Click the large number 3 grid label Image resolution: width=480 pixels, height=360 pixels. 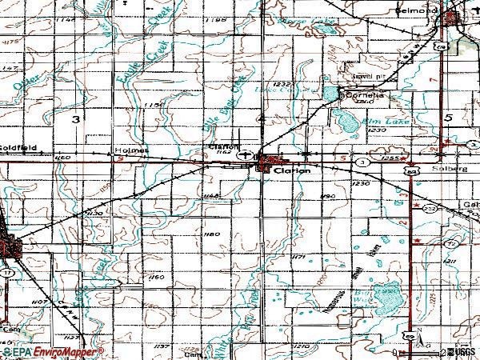(75, 118)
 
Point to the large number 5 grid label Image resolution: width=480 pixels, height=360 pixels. (450, 118)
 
